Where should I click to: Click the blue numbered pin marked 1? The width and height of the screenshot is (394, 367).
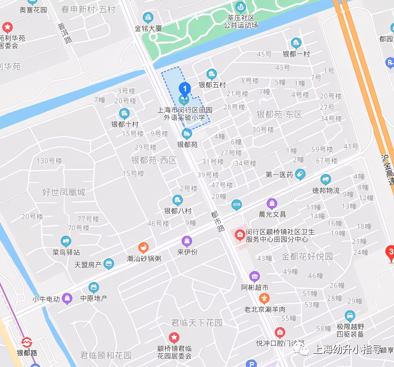185,89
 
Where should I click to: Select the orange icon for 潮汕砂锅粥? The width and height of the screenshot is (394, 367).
143,247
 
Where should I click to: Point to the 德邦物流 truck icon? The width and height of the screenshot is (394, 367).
326,179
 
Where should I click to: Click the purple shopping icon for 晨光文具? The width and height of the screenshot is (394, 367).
272,204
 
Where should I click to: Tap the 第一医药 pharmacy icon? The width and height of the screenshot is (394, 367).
300,174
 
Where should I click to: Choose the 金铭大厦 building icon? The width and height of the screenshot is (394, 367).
148,17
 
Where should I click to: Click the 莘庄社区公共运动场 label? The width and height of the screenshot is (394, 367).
241,22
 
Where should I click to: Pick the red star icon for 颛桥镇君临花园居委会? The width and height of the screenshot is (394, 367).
174,337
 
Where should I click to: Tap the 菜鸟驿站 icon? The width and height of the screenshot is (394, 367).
66,241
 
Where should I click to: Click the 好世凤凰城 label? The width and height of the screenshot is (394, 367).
64,192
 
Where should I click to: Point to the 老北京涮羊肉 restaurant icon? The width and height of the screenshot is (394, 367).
264,298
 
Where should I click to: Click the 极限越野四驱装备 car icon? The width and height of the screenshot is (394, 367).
350,316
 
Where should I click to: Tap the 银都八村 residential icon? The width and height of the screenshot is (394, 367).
178,200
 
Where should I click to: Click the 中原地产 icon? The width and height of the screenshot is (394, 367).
94,287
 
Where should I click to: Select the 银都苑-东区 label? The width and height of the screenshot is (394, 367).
279,114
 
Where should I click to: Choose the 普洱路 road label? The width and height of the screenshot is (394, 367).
65,33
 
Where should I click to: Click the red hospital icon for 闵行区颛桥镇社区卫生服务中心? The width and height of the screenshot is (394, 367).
240,235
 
